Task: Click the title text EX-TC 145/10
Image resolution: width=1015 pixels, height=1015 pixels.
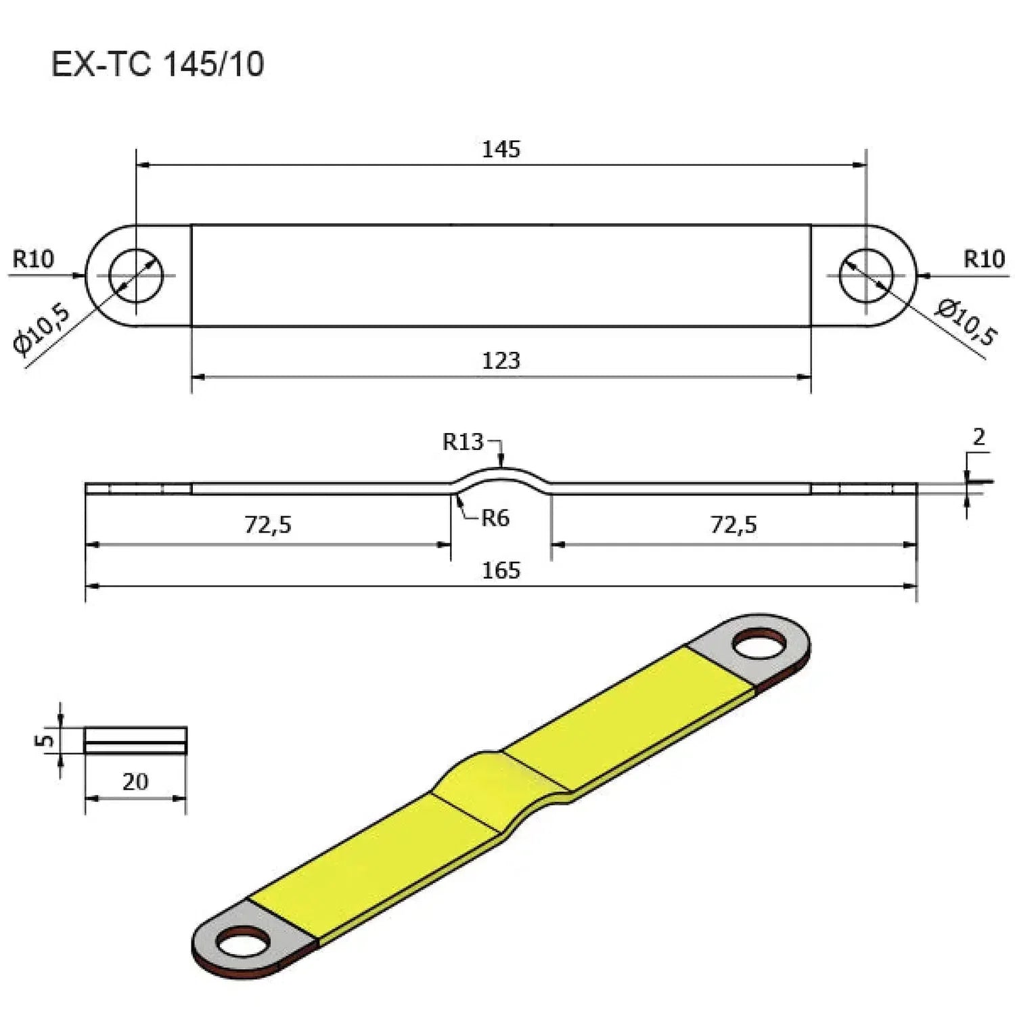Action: [157, 65]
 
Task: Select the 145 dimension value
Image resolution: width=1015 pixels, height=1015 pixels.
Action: [501, 150]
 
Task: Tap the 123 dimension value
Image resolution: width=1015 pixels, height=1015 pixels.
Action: [501, 361]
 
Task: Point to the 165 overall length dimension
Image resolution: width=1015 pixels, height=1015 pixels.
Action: [501, 570]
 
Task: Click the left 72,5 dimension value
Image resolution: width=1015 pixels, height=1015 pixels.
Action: [268, 524]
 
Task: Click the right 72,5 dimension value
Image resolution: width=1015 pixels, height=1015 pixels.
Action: [734, 524]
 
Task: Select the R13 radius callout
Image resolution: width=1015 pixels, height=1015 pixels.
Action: [463, 442]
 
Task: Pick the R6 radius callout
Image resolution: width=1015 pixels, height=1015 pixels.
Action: [495, 518]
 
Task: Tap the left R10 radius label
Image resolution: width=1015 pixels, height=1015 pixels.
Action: [33, 258]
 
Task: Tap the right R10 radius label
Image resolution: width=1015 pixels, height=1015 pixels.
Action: [984, 258]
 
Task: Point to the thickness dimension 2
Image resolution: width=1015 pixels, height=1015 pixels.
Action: [978, 438]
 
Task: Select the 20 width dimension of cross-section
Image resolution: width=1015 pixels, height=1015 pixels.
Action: [135, 782]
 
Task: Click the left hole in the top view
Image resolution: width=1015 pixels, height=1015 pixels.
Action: [137, 275]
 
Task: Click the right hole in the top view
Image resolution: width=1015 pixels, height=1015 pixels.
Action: [866, 275]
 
